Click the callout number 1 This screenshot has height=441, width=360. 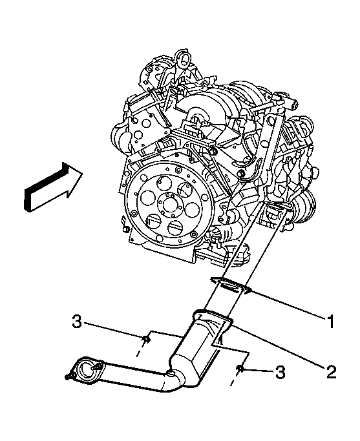(x=331, y=321)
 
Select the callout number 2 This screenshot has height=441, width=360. (x=331, y=371)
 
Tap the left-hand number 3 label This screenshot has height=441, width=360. (x=77, y=321)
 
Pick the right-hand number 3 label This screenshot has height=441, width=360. (x=280, y=372)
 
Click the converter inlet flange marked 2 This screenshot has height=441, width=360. (x=213, y=320)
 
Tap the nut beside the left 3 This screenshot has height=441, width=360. (x=146, y=340)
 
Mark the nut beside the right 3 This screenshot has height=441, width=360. (x=240, y=369)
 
